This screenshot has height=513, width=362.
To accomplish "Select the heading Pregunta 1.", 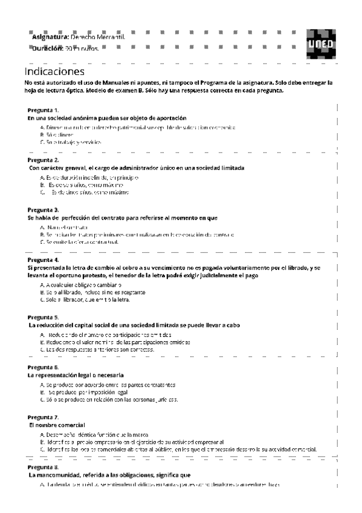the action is (43, 110).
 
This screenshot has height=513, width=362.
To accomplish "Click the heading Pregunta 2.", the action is (43, 160).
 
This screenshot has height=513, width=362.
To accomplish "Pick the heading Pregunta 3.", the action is (43, 209).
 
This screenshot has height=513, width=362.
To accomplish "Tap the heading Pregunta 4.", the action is (43, 260).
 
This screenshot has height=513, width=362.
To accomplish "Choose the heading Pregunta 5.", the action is (43, 317).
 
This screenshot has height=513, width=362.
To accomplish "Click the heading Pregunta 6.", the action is (43, 367).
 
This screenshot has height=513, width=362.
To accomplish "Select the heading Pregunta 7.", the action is (43, 417).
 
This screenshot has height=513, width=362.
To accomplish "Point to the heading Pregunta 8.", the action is (43, 468).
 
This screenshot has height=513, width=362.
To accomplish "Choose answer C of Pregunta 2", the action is (82, 192).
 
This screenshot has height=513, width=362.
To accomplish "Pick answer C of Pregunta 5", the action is (97, 349).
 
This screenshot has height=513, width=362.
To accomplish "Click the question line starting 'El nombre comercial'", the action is (57, 425).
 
